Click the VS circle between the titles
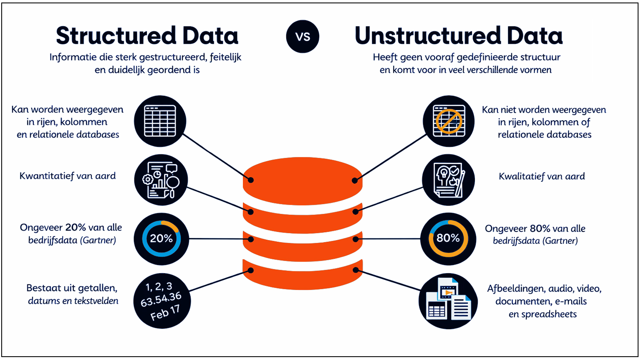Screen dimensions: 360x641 click(303, 37)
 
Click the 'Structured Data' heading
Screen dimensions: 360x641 click(147, 36)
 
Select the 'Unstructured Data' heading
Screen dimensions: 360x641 click(458, 36)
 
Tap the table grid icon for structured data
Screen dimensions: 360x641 click(160, 121)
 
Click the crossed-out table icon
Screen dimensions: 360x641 click(449, 121)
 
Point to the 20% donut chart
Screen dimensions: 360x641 click(162, 239)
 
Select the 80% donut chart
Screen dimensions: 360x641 click(448, 238)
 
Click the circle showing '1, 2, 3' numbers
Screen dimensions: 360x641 click(162, 301)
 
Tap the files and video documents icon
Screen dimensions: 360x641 click(448, 301)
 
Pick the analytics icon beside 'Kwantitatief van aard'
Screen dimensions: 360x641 click(161, 180)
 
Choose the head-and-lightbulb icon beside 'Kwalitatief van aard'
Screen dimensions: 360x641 click(449, 180)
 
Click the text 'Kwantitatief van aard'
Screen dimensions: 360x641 click(68, 176)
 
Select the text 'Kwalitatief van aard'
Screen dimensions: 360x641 click(542, 176)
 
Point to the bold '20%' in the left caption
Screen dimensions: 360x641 click(76, 228)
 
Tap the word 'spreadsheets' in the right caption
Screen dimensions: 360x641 click(549, 314)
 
